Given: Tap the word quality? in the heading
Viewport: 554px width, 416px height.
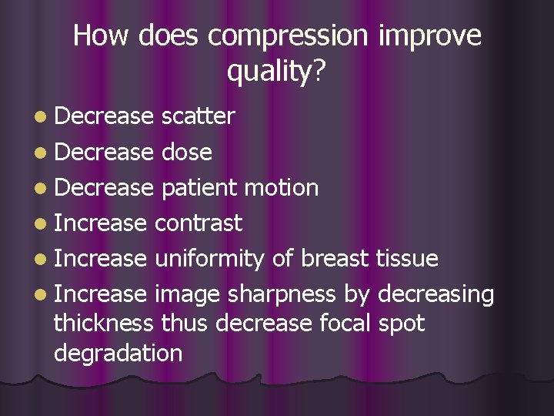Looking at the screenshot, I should (277, 72).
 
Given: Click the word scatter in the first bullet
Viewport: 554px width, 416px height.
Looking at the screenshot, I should (198, 116).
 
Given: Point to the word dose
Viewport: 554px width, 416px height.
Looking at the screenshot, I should (187, 152).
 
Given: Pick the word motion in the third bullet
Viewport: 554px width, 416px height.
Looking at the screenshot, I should (284, 187).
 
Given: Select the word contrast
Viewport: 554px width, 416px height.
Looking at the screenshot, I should (199, 223).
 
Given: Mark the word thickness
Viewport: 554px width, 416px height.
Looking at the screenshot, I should (105, 323).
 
